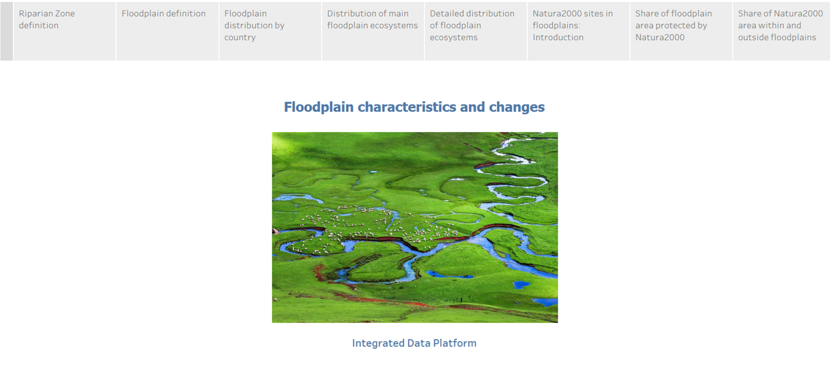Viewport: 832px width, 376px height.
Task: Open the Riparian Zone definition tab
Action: tap(65, 31)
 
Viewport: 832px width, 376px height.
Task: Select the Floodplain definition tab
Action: tap(167, 31)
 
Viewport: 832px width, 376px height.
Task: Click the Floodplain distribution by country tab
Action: tap(270, 31)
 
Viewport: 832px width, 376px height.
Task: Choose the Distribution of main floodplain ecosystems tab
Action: tap(373, 31)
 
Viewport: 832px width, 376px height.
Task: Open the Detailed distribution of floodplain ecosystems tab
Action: tap(476, 31)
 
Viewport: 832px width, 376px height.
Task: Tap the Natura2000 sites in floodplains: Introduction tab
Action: tap(579, 31)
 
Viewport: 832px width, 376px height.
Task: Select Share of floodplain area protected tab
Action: tap(681, 31)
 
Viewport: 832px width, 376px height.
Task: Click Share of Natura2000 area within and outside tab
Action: tap(782, 31)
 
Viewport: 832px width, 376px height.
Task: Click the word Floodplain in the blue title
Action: tap(319, 107)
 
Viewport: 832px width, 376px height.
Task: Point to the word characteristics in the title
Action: tap(407, 107)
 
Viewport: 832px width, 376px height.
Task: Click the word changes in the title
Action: tap(517, 107)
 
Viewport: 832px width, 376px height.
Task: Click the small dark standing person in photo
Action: tap(461, 300)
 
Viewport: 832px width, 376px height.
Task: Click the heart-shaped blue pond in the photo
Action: tap(521, 284)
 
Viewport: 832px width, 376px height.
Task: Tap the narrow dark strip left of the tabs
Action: tap(6, 31)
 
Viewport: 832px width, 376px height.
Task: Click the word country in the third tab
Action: tap(240, 37)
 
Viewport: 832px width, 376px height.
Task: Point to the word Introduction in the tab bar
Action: tap(558, 37)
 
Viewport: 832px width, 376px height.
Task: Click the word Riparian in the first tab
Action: tap(34, 14)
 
